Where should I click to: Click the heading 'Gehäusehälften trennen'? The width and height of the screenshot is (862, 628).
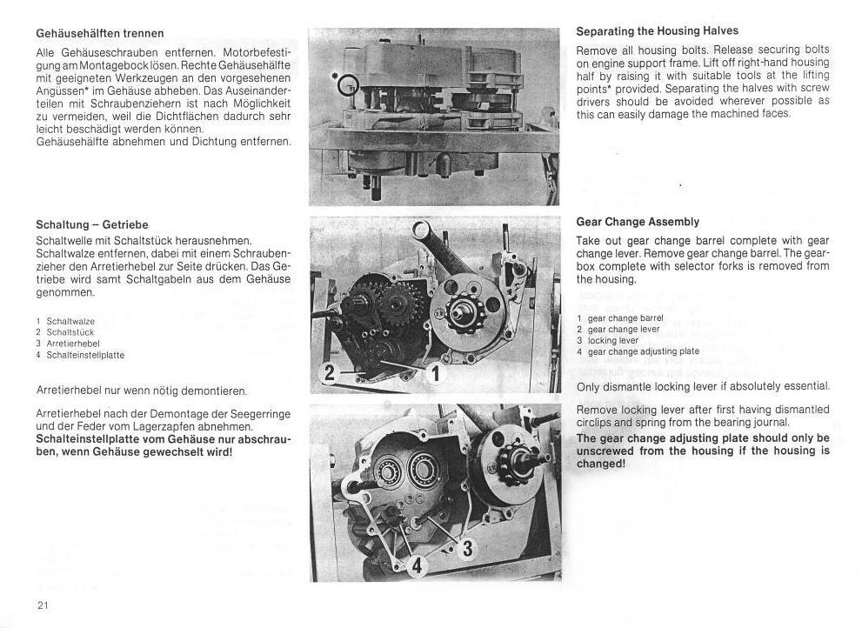[100, 33]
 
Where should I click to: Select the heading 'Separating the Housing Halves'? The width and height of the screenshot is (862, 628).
[657, 30]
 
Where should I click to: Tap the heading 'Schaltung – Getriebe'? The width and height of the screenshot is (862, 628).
[92, 224]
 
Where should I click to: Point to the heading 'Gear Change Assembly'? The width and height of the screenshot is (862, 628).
[637, 222]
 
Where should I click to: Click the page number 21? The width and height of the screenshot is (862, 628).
[43, 605]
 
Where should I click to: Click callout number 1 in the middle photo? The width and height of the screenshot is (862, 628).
[433, 375]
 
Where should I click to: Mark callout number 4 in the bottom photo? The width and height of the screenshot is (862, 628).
[417, 565]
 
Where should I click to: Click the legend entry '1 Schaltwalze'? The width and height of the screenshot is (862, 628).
[65, 321]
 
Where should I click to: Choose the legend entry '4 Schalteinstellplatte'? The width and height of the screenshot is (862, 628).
[80, 355]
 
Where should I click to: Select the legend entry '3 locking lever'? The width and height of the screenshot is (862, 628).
[612, 340]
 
